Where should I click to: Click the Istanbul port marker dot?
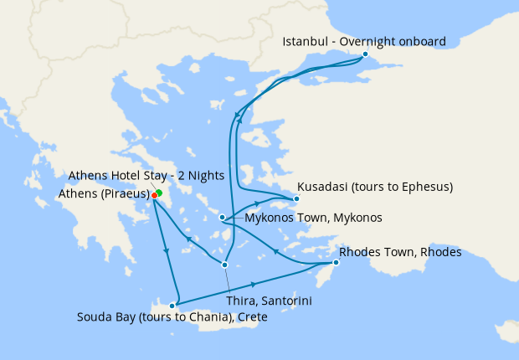point(365,54)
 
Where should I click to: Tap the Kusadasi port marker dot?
point(295,199)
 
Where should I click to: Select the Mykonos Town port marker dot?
point(222,218)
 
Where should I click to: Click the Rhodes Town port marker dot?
point(335,264)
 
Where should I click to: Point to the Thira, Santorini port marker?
point(224,265)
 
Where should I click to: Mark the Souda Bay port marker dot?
point(172,305)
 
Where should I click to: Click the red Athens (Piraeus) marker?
point(154,196)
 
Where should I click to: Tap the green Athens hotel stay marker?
point(158,193)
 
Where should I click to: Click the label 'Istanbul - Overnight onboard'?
point(364,41)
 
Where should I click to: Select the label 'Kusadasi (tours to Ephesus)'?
point(376,186)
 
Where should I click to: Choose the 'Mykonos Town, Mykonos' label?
point(314,218)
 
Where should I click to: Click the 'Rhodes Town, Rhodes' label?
point(400,252)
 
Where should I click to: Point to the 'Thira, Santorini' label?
point(270,299)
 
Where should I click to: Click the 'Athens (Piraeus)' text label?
point(104,193)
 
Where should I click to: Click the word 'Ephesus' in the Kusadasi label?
point(424,186)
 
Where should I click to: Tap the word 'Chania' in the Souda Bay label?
point(206,317)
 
